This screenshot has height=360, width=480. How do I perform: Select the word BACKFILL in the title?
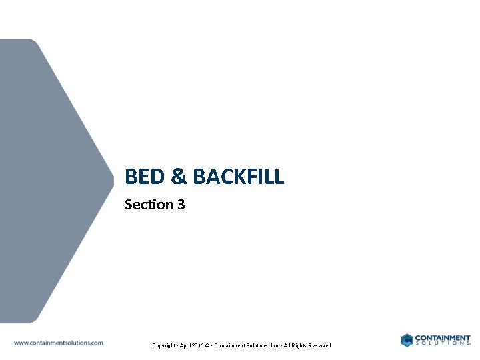[238, 177]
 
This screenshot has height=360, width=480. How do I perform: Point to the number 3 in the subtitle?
[181, 205]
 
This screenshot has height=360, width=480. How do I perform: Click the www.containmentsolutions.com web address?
[59, 343]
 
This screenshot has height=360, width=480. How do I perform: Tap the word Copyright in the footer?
[165, 345]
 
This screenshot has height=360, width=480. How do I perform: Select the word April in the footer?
[187, 345]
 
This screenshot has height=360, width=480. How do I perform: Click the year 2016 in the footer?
[202, 345]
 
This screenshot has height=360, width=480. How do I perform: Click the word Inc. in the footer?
[275, 345]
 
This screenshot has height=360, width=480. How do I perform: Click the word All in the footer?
[289, 345]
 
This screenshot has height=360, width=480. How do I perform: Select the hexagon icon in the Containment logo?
[407, 340]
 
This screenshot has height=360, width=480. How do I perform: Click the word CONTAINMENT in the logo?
[443, 337]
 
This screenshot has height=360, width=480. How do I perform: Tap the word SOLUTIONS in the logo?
[441, 344]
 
